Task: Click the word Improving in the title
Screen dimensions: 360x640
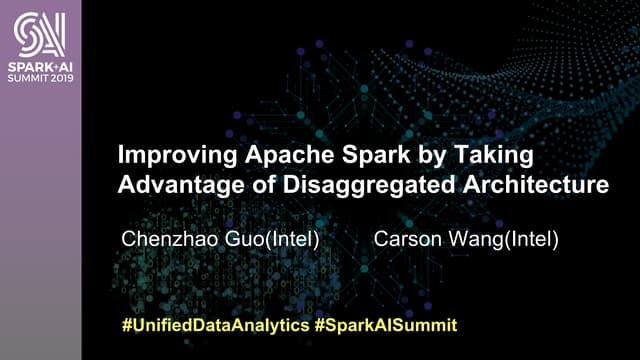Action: [170, 157]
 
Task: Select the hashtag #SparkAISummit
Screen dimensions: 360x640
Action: [384, 326]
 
